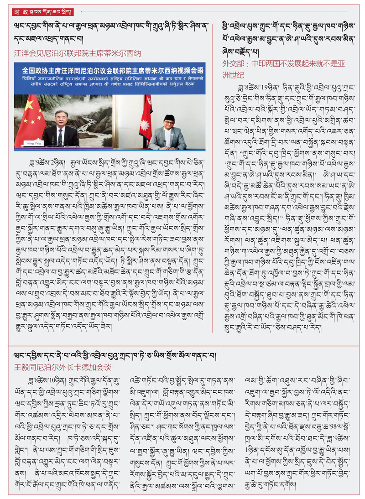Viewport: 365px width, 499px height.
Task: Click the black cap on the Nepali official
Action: [169, 118]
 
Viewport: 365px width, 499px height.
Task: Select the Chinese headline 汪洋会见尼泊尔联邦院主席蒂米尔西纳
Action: [78, 53]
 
